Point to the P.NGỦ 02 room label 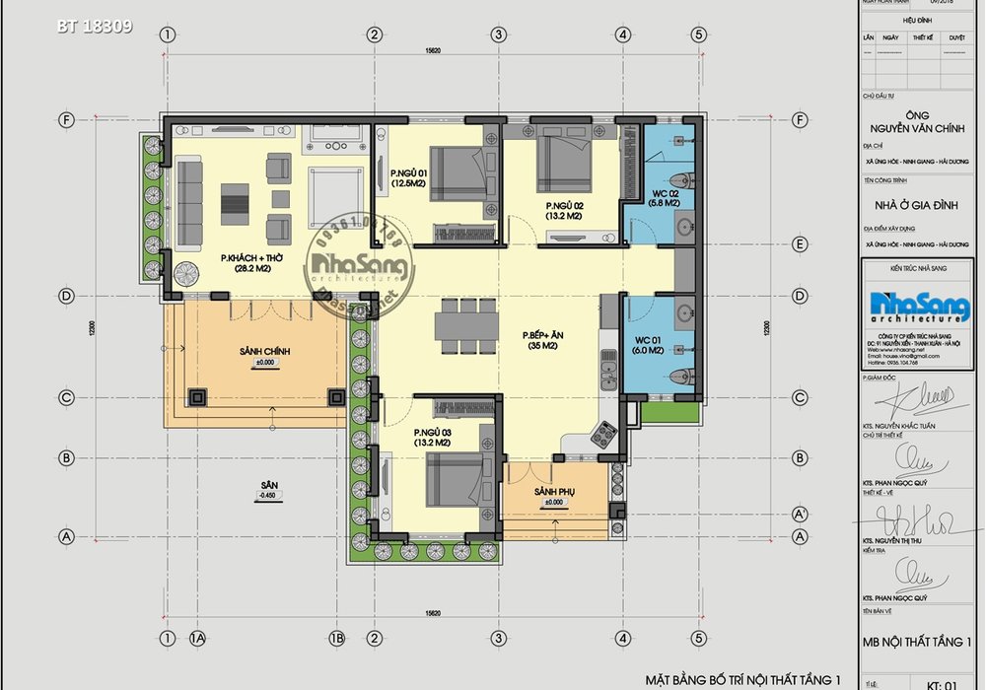(x=564, y=210)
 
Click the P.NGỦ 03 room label (x=433, y=438)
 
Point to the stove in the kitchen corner (x=603, y=434)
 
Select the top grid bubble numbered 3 (x=500, y=34)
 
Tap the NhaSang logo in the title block (x=919, y=308)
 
